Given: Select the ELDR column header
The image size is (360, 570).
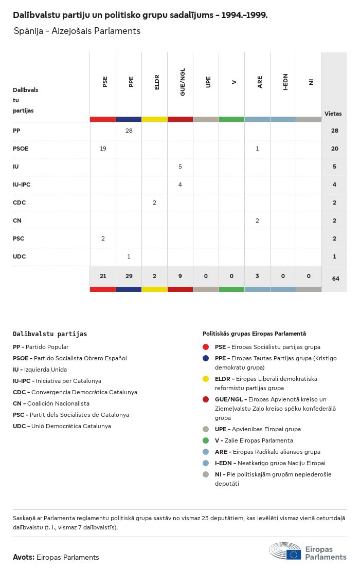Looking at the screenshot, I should click(157, 82).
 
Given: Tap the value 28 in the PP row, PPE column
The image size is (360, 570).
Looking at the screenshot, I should click(129, 131).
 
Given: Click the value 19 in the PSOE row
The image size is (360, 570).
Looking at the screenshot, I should click(103, 149).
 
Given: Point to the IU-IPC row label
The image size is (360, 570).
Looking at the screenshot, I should click(22, 185).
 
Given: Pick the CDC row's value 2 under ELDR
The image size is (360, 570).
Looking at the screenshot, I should click(154, 203).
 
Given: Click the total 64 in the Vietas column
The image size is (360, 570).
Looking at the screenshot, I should click(335, 279).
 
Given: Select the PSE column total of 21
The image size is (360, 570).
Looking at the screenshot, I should click(103, 276).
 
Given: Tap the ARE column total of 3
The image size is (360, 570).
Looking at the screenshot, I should click(257, 276).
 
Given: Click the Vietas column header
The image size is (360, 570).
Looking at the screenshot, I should click(333, 114).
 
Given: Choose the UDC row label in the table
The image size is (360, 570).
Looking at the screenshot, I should click(19, 256).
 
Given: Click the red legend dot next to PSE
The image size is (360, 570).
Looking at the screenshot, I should click(206, 347).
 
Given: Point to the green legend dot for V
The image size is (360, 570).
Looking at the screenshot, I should click(206, 440).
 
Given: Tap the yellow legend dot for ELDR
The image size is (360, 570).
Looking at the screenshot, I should click(206, 379).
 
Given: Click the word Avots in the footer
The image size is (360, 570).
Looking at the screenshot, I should click(23, 557).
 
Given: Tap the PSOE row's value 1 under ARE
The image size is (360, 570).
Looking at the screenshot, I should click(257, 149).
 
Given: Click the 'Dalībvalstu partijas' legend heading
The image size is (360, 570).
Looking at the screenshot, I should click(50, 334).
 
